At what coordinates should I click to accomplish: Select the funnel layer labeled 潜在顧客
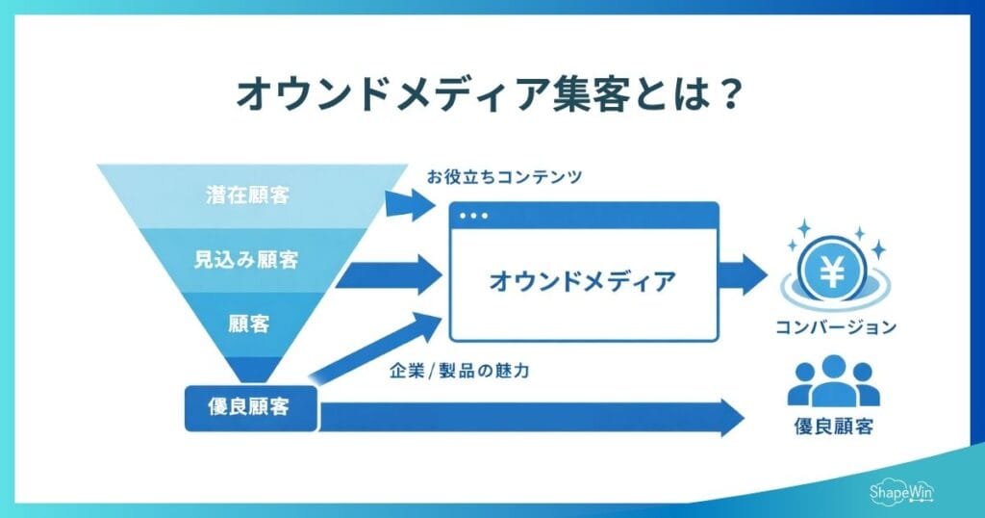248,195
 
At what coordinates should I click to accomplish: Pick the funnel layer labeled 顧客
247,324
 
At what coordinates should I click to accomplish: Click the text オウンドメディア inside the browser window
582,281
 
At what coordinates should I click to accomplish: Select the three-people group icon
833,381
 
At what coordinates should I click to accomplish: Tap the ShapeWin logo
901,491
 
